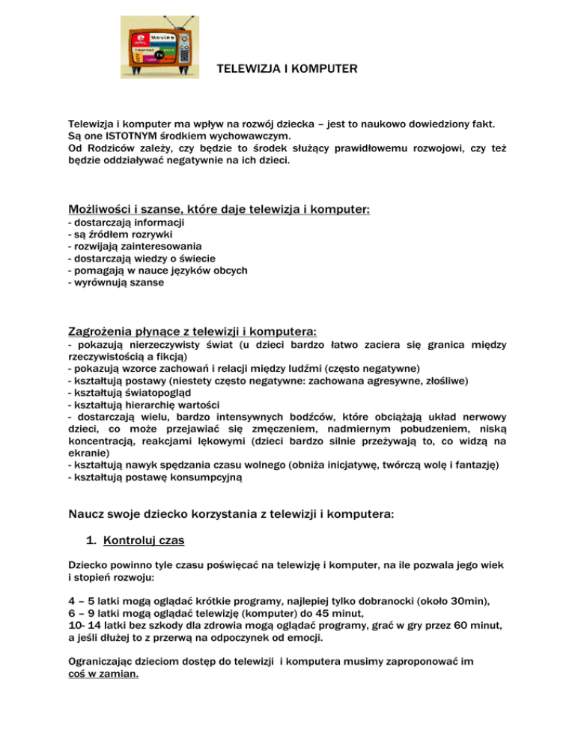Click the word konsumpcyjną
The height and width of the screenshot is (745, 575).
coord(210,476)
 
